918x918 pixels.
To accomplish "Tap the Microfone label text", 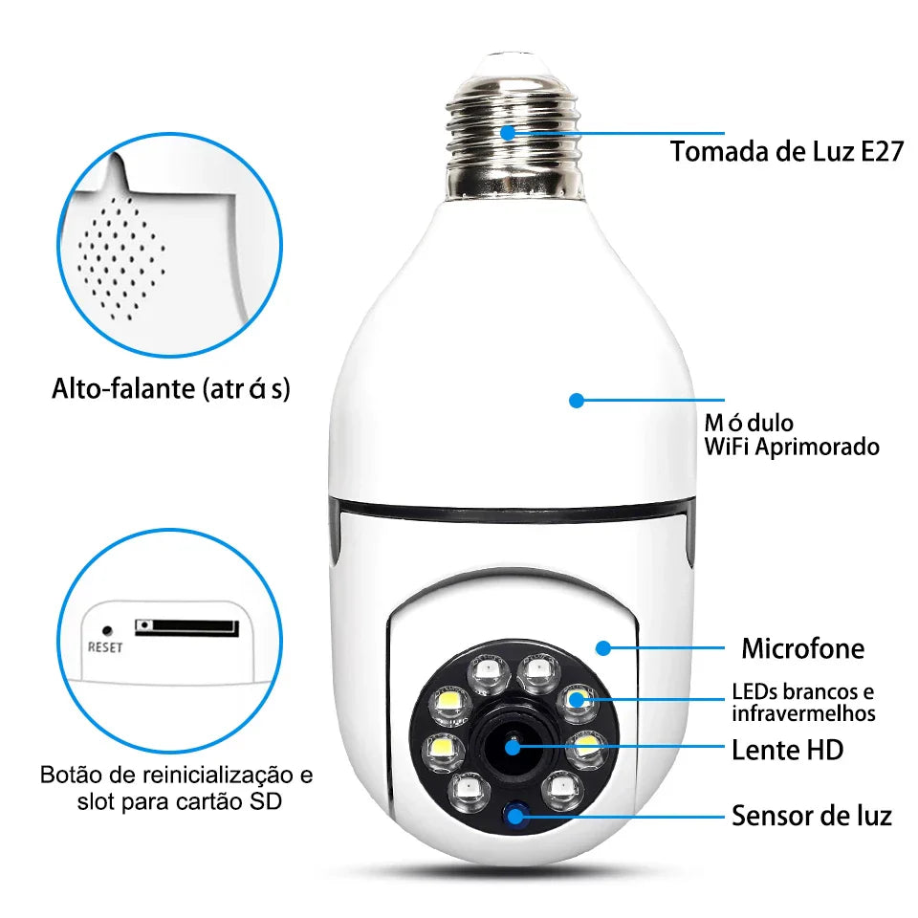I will (802, 649).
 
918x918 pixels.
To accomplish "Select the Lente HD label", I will (787, 750).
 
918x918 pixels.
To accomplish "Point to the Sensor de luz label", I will (811, 816).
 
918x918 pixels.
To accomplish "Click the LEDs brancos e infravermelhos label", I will (802, 703).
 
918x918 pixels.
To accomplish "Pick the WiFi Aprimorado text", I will (791, 447).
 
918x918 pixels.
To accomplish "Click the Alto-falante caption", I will (171, 389).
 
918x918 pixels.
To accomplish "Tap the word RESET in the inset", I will (105, 646).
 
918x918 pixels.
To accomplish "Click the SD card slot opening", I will (186, 627).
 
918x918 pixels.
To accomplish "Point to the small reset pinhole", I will (106, 631).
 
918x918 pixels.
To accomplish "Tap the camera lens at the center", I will (514, 746).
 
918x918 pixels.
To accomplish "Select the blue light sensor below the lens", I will (518, 816).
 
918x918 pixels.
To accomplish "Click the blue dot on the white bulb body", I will (576, 401).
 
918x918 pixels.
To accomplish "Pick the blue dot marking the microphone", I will (602, 648).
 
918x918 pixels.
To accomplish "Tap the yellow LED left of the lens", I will (443, 745).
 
